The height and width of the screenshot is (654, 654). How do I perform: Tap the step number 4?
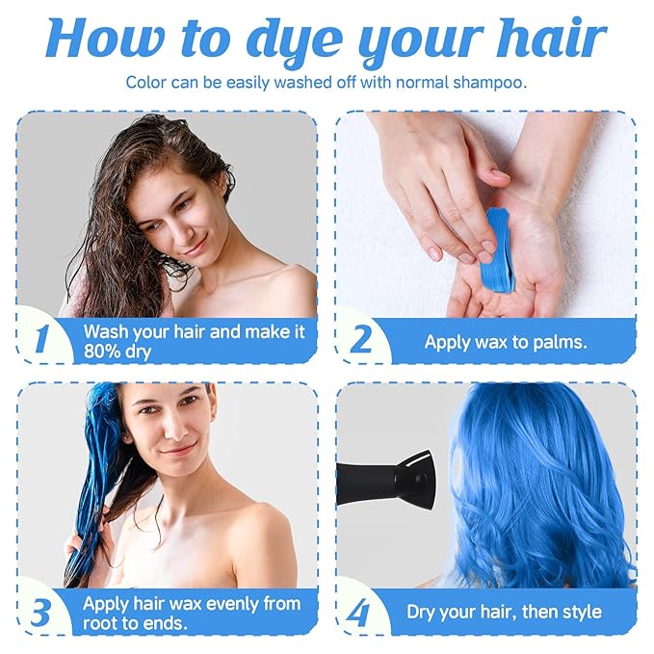[358, 613]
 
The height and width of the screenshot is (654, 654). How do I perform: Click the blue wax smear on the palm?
[499, 249]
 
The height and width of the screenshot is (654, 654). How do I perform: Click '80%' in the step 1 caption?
[105, 352]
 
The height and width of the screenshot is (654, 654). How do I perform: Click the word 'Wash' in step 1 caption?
[106, 331]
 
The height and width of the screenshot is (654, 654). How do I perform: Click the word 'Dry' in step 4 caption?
[423, 613]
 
